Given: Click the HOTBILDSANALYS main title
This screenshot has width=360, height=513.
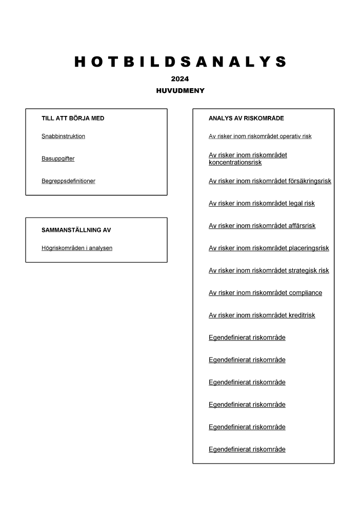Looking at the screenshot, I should click(x=180, y=63).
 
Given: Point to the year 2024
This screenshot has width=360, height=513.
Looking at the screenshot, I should click(x=180, y=79).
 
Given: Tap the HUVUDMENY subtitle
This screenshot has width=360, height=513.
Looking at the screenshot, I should click(x=180, y=90).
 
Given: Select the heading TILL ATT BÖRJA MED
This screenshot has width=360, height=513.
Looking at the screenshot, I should click(x=73, y=118).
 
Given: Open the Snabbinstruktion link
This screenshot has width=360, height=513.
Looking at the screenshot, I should click(x=63, y=136).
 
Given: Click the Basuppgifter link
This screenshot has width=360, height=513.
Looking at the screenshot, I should click(x=58, y=159).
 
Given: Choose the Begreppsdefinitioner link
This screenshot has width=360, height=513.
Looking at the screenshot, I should click(x=68, y=181).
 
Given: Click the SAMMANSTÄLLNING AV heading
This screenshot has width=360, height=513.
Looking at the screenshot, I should click(x=76, y=230).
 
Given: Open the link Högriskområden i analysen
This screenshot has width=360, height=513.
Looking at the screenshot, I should click(x=77, y=248).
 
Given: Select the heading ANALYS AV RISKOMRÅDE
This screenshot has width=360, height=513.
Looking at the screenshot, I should click(x=246, y=118).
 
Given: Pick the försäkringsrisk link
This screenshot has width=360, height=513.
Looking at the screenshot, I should click(x=270, y=181).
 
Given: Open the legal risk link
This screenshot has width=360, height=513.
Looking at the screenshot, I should click(x=262, y=204).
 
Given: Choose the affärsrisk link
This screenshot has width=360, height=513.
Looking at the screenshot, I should click(x=262, y=226).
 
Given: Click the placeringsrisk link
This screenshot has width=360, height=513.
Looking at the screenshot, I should click(x=269, y=248).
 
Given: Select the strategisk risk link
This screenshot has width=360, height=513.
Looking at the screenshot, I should click(x=269, y=270).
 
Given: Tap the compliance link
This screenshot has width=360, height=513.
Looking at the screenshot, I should click(x=265, y=293).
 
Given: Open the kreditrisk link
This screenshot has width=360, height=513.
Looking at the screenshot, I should click(x=262, y=315).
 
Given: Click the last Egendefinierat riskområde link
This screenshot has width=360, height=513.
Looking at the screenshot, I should click(x=247, y=449).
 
